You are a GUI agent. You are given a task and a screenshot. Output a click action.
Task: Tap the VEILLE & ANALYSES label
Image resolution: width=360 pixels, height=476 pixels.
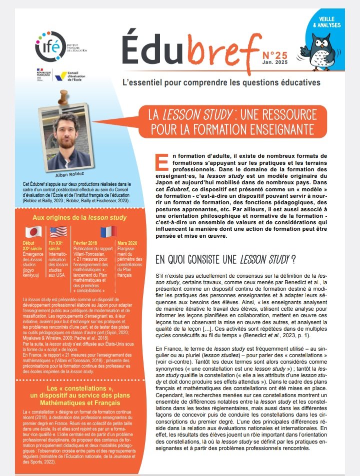coord(327,21)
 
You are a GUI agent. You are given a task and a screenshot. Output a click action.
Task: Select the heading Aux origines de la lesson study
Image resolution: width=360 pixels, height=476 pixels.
coord(72,217)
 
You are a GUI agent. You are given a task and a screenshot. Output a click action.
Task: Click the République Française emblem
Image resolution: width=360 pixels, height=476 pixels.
coord(41,75)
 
